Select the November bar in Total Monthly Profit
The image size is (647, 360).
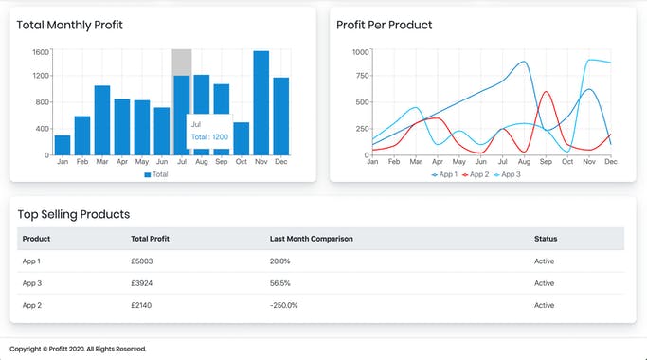click(261, 103)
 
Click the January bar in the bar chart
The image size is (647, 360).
click(63, 145)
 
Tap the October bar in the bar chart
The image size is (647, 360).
click(242, 138)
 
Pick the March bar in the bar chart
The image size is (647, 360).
click(102, 120)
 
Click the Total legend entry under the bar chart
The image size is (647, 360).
click(156, 174)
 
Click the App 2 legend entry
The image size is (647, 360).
click(477, 174)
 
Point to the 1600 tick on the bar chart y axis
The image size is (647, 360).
click(40, 51)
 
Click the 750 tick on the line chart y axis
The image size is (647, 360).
click(361, 77)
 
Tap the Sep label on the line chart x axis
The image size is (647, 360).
click(546, 162)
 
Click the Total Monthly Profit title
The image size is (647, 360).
click(69, 25)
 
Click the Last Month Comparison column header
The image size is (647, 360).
click(311, 239)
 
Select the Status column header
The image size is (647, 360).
click(546, 239)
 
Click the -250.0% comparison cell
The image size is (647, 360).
click(284, 305)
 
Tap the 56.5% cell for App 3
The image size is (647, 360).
click(280, 283)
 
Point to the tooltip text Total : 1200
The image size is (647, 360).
click(210, 137)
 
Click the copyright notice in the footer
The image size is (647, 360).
click(78, 349)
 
